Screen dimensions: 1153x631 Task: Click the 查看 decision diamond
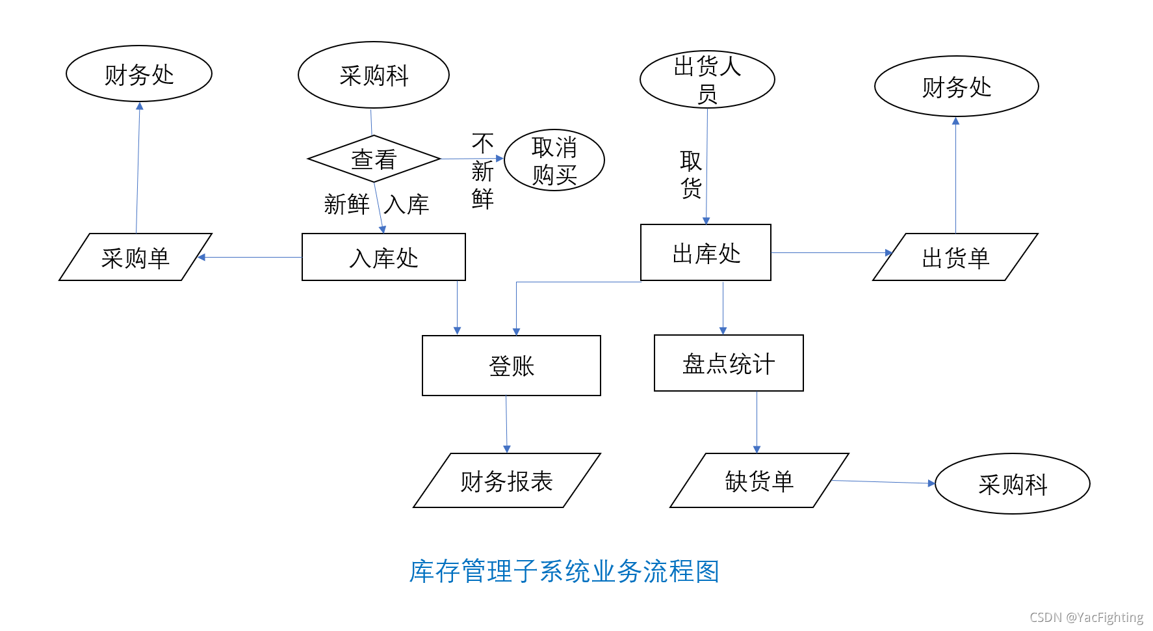(x=374, y=159)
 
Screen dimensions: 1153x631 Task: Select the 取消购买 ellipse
(x=554, y=160)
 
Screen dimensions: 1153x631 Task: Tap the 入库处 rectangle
(x=383, y=257)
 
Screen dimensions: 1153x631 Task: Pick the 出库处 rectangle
(x=706, y=252)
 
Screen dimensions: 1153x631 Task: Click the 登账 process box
(x=512, y=366)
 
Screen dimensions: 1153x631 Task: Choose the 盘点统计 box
(x=729, y=363)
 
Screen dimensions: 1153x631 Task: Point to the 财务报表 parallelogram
(x=507, y=481)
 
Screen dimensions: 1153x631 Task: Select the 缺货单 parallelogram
(x=759, y=481)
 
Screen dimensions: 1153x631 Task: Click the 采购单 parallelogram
(x=135, y=257)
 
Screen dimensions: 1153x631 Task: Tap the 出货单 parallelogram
(x=955, y=257)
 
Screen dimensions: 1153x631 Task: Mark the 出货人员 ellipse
(x=707, y=79)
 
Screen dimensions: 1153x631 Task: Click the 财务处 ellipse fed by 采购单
(x=139, y=74)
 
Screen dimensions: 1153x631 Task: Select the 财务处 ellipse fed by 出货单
(x=957, y=87)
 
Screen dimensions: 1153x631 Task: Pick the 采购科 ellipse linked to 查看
(x=374, y=75)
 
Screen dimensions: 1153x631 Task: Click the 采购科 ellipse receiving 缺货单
(x=1013, y=484)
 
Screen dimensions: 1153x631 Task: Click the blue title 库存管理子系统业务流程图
(x=564, y=572)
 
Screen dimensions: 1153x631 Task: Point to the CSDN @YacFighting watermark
(x=1086, y=617)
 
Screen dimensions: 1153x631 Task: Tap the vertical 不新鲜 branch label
(x=483, y=171)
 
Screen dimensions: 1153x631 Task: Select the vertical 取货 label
(x=691, y=174)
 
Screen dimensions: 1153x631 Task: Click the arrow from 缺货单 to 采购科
(x=883, y=482)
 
